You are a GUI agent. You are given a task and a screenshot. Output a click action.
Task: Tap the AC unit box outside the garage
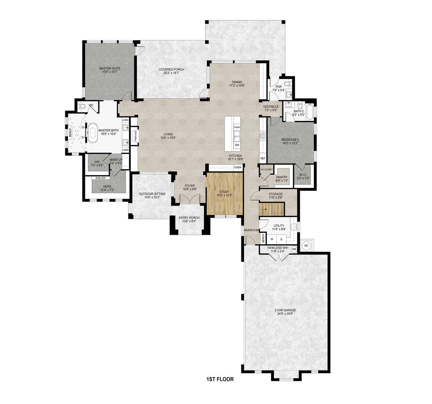pyautogui.click(x=306, y=245)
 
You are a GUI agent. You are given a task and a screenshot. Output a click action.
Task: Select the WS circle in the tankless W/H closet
pyautogui.click(x=294, y=249)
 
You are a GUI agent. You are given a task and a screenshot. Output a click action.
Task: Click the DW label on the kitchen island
pyautogui.click(x=237, y=145)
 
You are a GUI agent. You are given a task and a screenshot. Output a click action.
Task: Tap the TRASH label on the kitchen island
pyautogui.click(x=237, y=127)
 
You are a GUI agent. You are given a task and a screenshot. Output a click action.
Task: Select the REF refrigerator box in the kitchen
pyautogui.click(x=262, y=158)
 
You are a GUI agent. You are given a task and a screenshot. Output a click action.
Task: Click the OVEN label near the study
pyautogui.click(x=237, y=167)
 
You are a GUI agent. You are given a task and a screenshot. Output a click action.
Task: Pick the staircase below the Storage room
pyautogui.click(x=271, y=208)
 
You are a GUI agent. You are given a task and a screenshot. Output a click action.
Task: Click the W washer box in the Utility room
pyautogui.click(x=272, y=239)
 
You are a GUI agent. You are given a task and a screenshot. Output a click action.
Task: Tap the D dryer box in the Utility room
pyautogui.click(x=282, y=239)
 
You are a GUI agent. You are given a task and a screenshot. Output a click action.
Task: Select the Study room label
pyautogui.click(x=224, y=193)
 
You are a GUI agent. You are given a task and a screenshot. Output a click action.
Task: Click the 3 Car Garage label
pyautogui.click(x=286, y=311)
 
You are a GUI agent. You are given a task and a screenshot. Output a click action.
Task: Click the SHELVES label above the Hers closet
pyautogui.click(x=100, y=178)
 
